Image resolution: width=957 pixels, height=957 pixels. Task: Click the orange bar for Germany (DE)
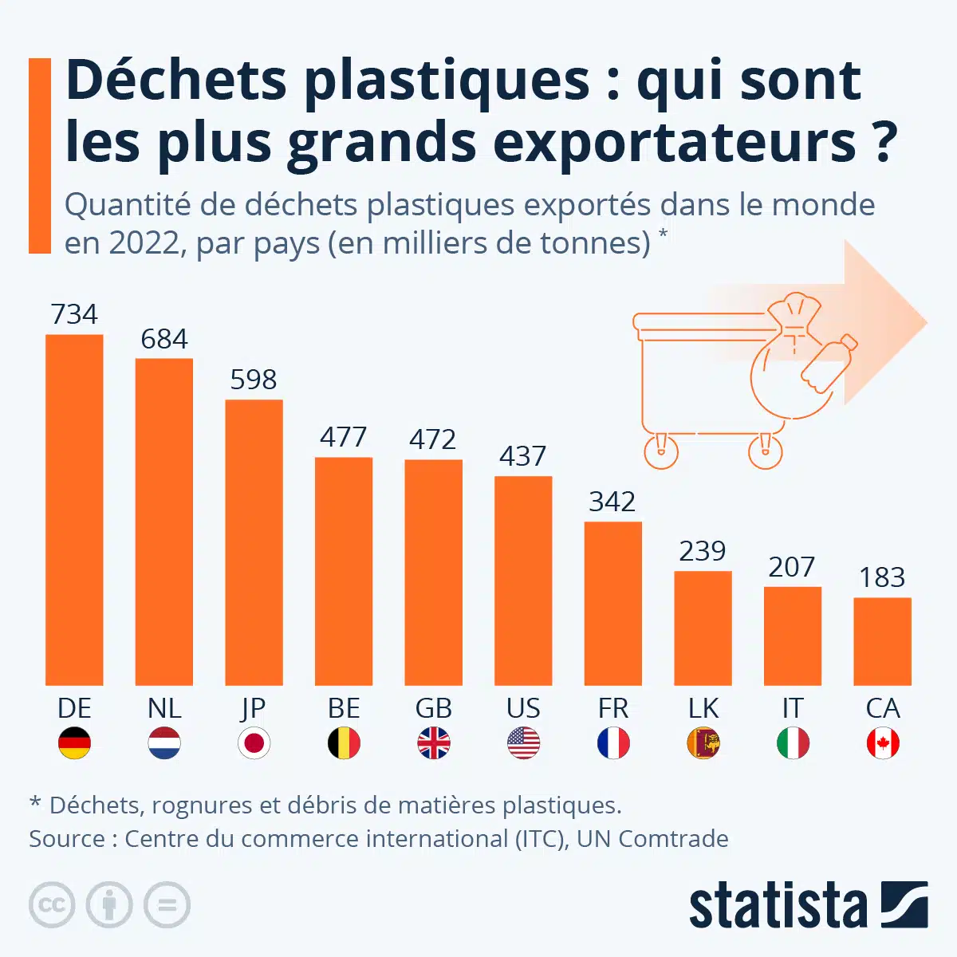(x=74, y=510)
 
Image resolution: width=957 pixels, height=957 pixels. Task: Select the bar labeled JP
(x=254, y=542)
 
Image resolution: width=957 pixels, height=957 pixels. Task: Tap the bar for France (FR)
(x=612, y=604)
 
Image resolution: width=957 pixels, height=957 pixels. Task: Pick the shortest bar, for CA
(x=882, y=641)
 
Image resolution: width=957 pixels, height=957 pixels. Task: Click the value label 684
(x=164, y=340)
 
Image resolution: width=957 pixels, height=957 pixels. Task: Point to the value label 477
(x=344, y=437)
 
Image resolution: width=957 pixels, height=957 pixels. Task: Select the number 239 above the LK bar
(x=702, y=551)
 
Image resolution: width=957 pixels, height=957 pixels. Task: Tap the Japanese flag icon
(x=254, y=743)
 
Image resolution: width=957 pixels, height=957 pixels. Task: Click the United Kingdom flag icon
(x=433, y=743)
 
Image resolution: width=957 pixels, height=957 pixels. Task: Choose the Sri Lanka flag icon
(x=703, y=743)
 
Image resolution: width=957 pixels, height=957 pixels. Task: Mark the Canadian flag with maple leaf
(x=882, y=743)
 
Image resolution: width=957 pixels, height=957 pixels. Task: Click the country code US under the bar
(x=523, y=708)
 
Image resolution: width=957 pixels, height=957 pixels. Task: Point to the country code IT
(x=792, y=708)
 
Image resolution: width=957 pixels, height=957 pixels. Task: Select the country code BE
(x=344, y=708)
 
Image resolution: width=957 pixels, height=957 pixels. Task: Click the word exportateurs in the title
(x=674, y=144)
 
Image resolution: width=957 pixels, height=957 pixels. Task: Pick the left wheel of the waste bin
(x=660, y=452)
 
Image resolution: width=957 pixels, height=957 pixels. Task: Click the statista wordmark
(x=778, y=906)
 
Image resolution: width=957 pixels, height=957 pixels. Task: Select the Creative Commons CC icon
(x=52, y=905)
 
